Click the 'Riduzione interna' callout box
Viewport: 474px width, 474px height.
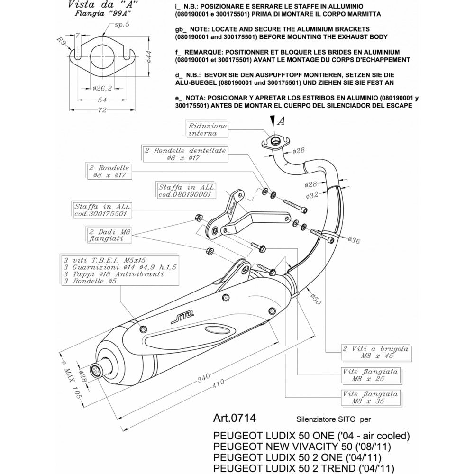click(x=208, y=129)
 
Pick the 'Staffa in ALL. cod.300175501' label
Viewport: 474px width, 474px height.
click(x=102, y=210)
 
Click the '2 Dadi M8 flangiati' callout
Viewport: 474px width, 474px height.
click(x=109, y=236)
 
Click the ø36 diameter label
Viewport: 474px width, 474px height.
click(x=355, y=241)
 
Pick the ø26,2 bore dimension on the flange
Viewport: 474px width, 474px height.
click(x=102, y=89)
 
